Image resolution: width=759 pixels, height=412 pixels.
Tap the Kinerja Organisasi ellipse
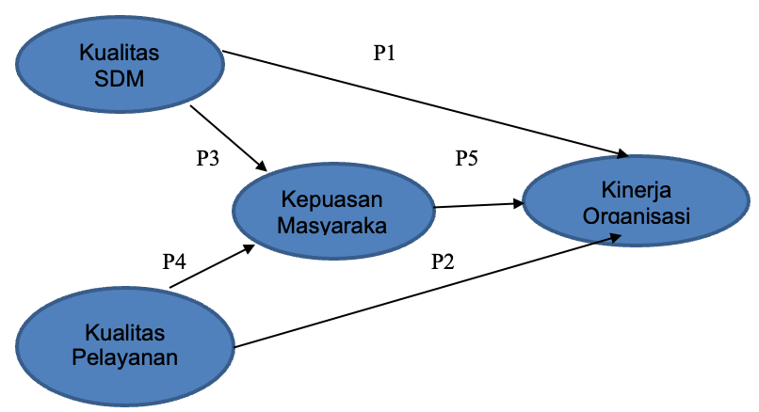pos(637,199)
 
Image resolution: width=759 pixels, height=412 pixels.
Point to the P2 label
pos(443,262)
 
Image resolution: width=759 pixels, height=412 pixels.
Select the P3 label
pos(207,158)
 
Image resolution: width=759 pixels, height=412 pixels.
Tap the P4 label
pos(174,261)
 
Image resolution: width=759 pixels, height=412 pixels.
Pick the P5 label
pos(467,158)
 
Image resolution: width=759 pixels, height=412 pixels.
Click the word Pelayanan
pos(125,357)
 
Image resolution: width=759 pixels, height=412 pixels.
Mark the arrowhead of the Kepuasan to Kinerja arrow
pos(519,202)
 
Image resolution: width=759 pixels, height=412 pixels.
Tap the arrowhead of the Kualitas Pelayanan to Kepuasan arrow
pos(250,247)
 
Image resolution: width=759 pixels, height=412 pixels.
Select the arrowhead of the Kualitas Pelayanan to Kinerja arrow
pos(617,236)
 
